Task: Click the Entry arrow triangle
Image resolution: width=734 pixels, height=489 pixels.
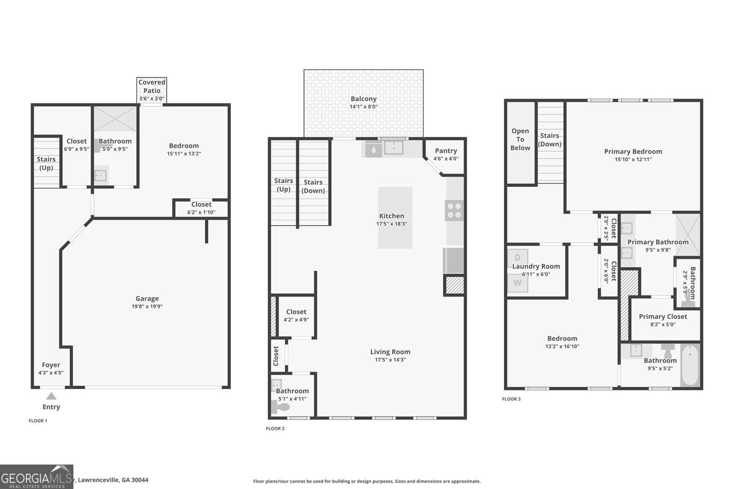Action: (x=51, y=396)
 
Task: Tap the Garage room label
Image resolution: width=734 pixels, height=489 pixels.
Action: (x=147, y=298)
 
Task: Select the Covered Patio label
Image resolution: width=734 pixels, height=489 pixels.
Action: (x=152, y=86)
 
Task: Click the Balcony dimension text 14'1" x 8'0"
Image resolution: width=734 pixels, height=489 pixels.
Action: (x=363, y=107)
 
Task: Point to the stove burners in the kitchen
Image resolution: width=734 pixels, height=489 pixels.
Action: (x=454, y=210)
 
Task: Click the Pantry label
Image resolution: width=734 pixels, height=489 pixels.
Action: (x=446, y=151)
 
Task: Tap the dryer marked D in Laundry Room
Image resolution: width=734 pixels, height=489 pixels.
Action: (x=518, y=258)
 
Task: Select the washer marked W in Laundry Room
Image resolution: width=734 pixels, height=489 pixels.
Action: (x=518, y=283)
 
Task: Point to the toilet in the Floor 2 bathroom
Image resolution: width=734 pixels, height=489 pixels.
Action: (x=280, y=407)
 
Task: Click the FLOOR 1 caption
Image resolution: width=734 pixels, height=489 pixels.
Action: (x=38, y=421)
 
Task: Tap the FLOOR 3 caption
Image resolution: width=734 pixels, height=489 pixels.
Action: (x=511, y=399)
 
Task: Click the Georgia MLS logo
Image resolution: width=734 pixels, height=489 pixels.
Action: (x=36, y=477)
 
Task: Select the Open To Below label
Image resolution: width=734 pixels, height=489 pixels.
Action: (x=520, y=139)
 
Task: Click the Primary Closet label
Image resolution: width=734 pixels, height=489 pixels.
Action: (x=663, y=317)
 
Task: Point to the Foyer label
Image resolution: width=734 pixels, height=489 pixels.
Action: (x=51, y=365)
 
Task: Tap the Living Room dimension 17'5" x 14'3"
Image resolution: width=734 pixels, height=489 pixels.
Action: (x=390, y=360)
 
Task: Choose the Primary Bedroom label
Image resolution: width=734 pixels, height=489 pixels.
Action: (x=633, y=152)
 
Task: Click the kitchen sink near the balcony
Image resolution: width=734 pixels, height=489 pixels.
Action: (x=394, y=148)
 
